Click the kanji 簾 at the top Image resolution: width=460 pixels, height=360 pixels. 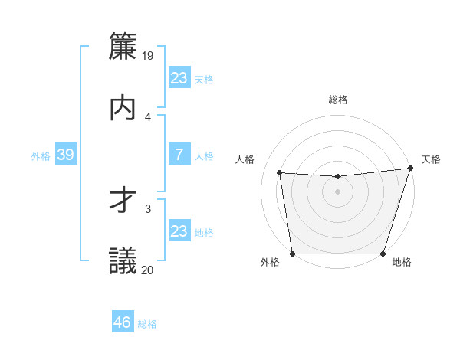click(123, 45)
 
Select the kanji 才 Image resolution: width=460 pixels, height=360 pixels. click(123, 200)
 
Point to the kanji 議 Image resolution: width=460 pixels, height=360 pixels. click(123, 261)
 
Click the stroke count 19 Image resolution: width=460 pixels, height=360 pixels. click(148, 55)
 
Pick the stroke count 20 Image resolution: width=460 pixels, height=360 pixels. click(148, 270)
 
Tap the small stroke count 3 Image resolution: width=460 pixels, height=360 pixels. click(148, 208)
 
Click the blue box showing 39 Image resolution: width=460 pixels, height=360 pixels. click(65, 155)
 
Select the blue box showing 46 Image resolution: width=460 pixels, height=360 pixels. click(122, 322)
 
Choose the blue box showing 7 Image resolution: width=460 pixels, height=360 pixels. click(179, 155)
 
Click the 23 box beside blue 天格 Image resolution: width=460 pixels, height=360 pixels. click(179, 78)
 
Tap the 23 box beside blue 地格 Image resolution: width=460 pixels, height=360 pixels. click(179, 231)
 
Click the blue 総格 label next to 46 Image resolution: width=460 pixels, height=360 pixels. click(147, 324)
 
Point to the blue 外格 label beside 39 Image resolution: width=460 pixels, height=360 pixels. click(41, 156)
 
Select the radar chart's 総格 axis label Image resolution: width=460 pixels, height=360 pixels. click(338, 100)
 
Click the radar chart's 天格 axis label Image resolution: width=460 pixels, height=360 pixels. click(431, 159)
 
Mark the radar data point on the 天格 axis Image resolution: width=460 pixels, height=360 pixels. click(410, 169)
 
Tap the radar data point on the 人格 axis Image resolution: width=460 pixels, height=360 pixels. click(280, 173)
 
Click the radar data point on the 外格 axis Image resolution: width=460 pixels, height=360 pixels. click(292, 254)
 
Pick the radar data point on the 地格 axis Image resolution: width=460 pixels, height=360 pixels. click(383, 254)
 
